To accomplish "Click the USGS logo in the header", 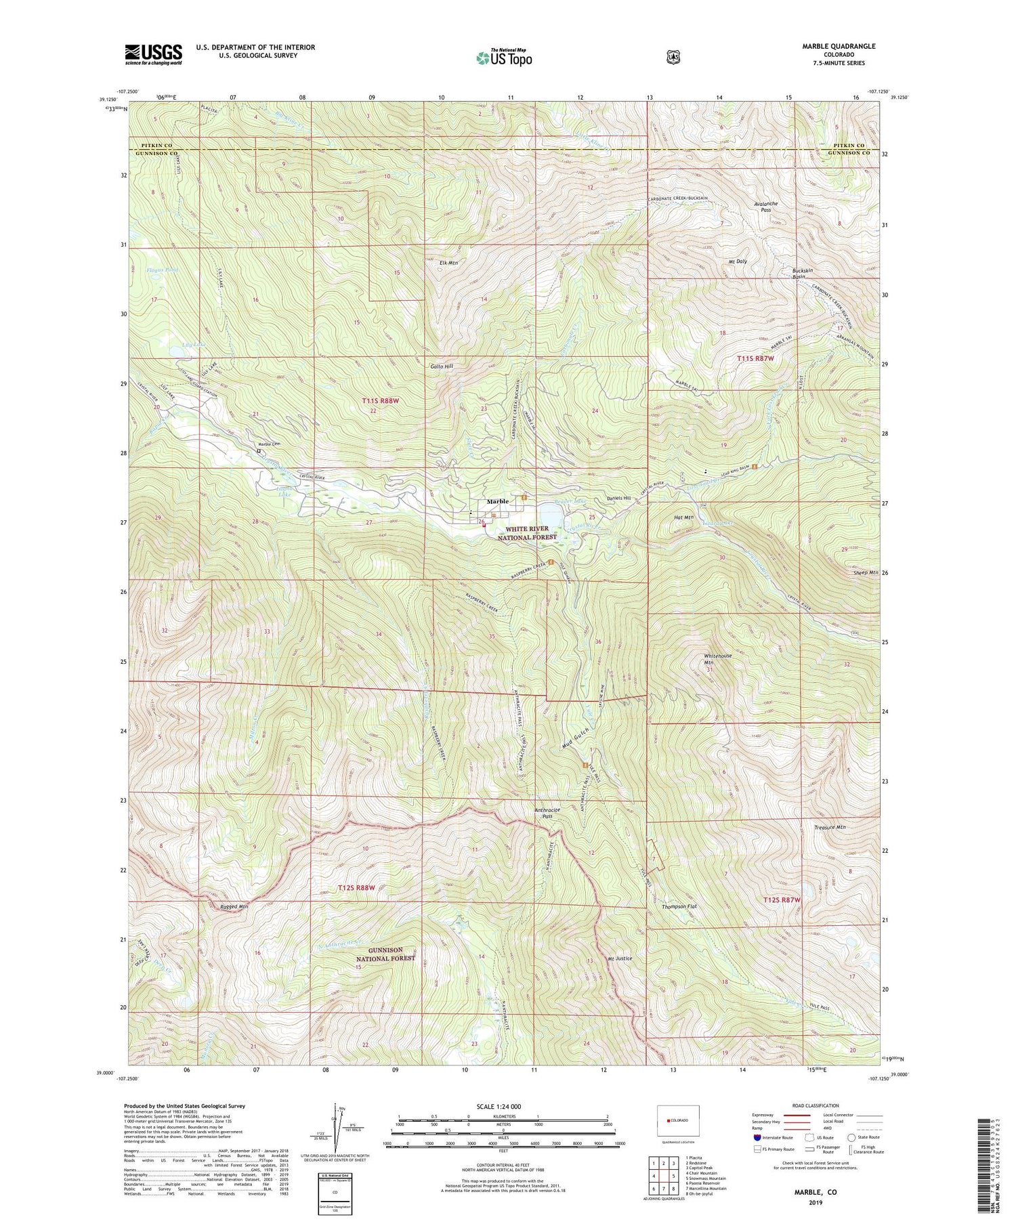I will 153,54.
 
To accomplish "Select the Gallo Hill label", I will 441,366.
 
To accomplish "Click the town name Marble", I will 498,501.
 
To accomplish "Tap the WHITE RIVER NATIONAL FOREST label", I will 527,533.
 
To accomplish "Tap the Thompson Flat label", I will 679,906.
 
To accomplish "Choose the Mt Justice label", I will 620,958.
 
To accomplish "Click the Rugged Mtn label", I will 234,906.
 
